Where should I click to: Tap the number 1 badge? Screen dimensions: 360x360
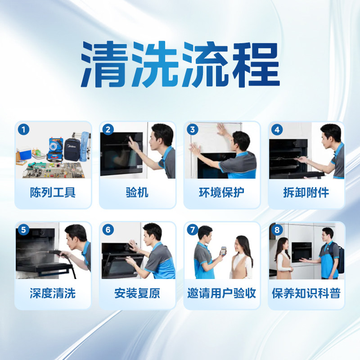click(x=23, y=130)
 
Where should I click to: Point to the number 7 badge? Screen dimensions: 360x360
click(x=193, y=230)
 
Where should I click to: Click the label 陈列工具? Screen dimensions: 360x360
click(x=53, y=193)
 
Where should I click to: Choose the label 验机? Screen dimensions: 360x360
click(x=137, y=193)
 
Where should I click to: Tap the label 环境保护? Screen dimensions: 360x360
click(x=222, y=193)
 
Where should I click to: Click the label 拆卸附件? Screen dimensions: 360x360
click(x=306, y=193)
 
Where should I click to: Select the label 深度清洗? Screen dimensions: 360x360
click(x=53, y=294)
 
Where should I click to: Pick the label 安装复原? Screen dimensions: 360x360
click(x=137, y=294)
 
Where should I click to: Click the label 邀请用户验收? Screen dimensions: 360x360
click(x=222, y=294)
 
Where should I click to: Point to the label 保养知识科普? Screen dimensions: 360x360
click(x=306, y=294)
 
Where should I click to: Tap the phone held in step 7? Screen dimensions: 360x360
click(x=221, y=250)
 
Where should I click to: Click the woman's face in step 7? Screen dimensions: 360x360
click(x=242, y=245)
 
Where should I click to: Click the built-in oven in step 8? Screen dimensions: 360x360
click(x=301, y=253)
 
